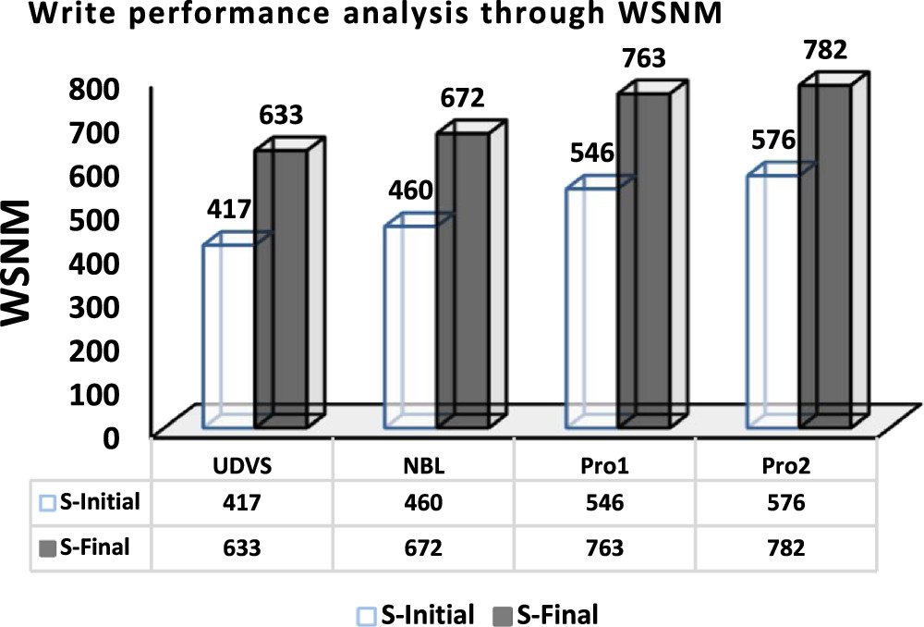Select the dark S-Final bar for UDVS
point(281,287)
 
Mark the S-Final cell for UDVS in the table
point(242,547)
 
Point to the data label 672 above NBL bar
point(462,98)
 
